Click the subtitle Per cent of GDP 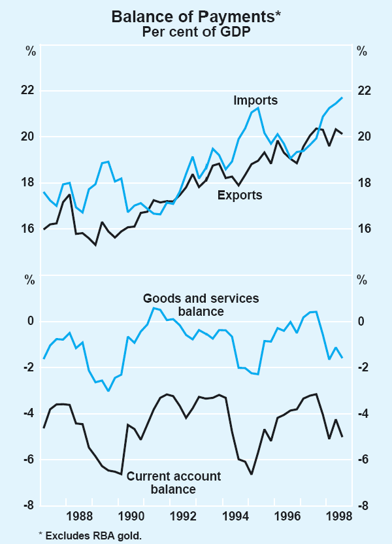click(196, 31)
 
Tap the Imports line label click(255, 100)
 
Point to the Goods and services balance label click(201, 305)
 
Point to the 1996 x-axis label click(287, 515)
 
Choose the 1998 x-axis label click(339, 515)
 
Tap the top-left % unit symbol click(31, 51)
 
